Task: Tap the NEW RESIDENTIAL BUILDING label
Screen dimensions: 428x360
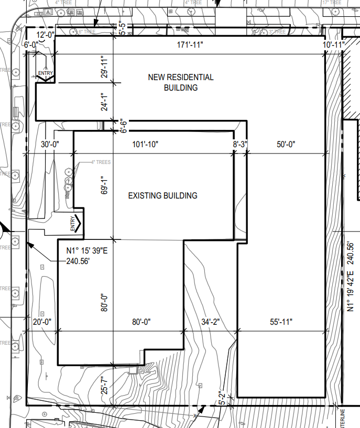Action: pos(181,82)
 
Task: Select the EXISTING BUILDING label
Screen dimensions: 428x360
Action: pos(163,195)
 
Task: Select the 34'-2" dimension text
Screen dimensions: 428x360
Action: pos(211,322)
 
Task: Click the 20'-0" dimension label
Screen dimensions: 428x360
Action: pos(41,322)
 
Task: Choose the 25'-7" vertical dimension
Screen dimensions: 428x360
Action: pos(105,386)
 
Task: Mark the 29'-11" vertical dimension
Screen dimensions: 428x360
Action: pos(105,67)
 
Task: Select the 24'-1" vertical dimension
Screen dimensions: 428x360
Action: pos(105,102)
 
